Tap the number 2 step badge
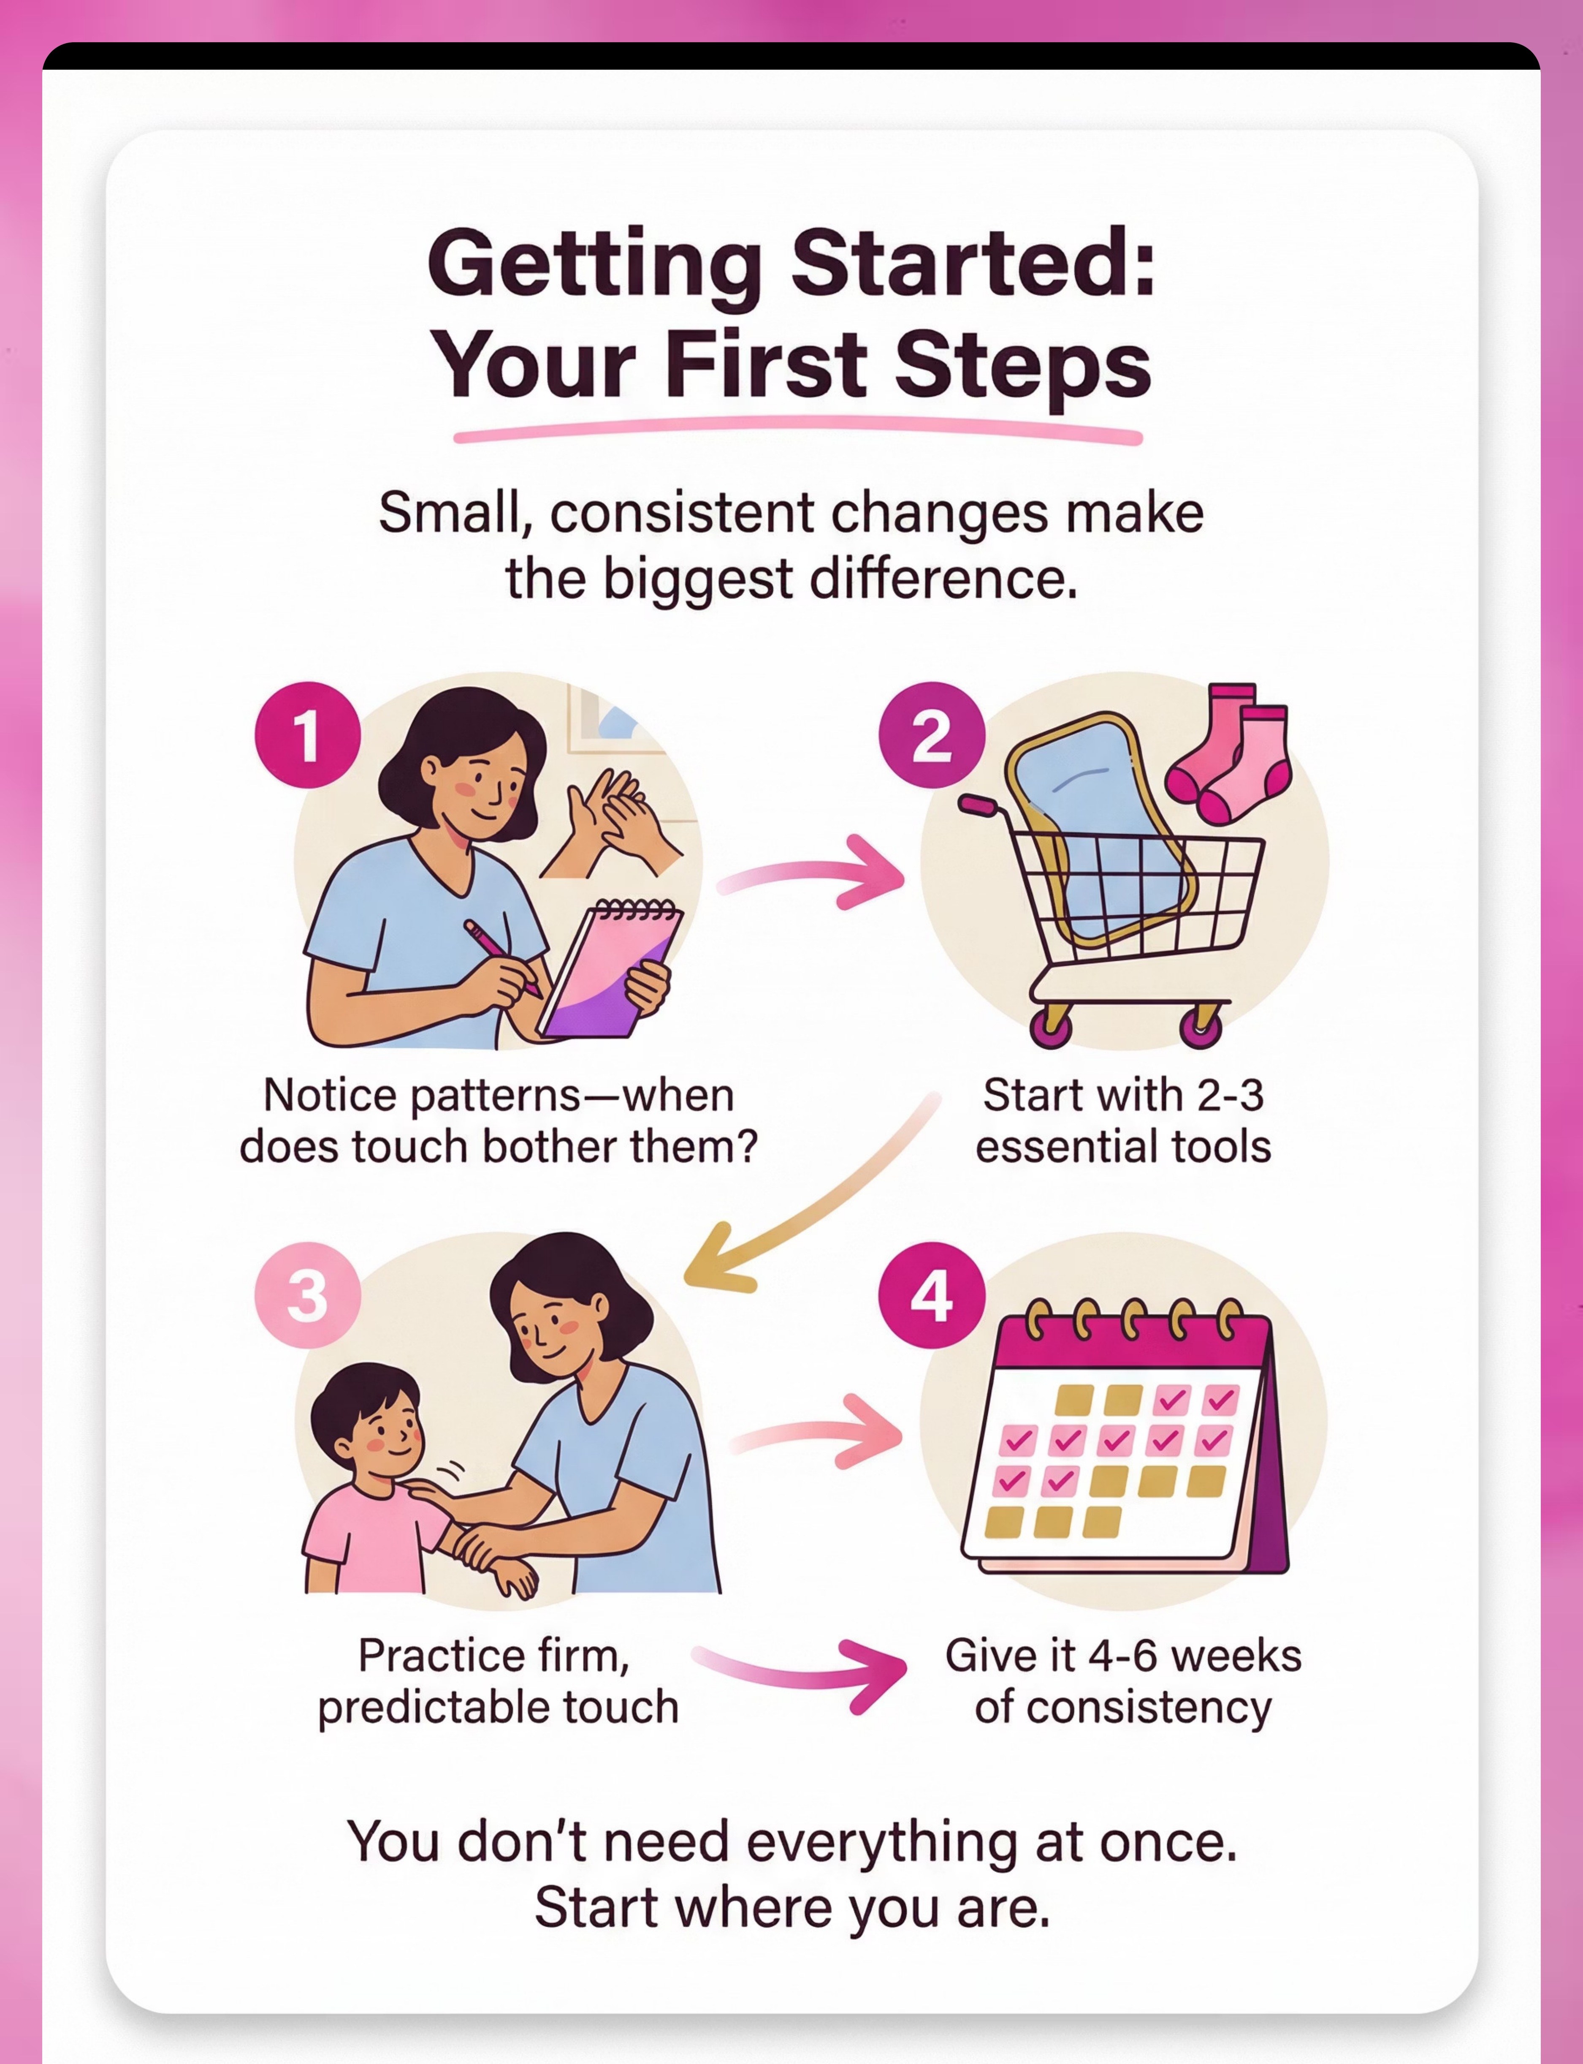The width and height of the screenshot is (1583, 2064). coord(932,735)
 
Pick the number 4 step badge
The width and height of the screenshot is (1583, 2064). coord(932,1296)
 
